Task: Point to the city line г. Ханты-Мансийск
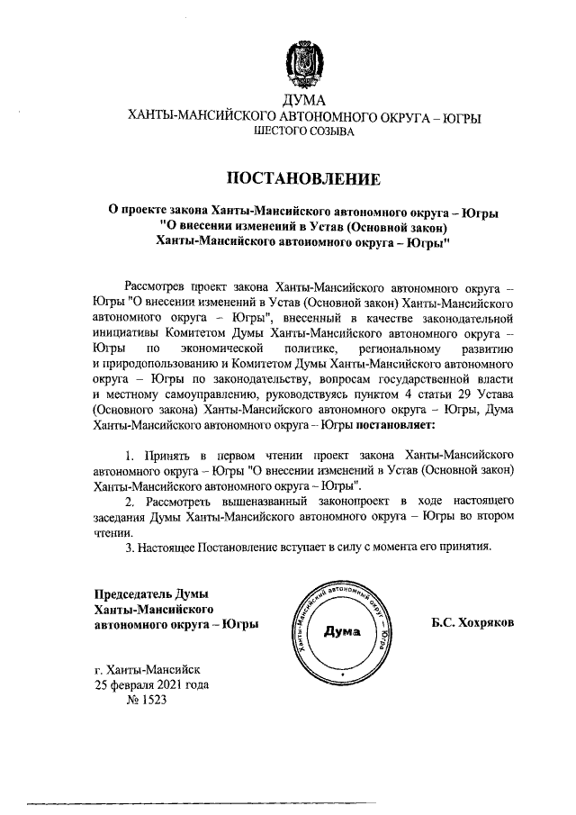148,670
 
